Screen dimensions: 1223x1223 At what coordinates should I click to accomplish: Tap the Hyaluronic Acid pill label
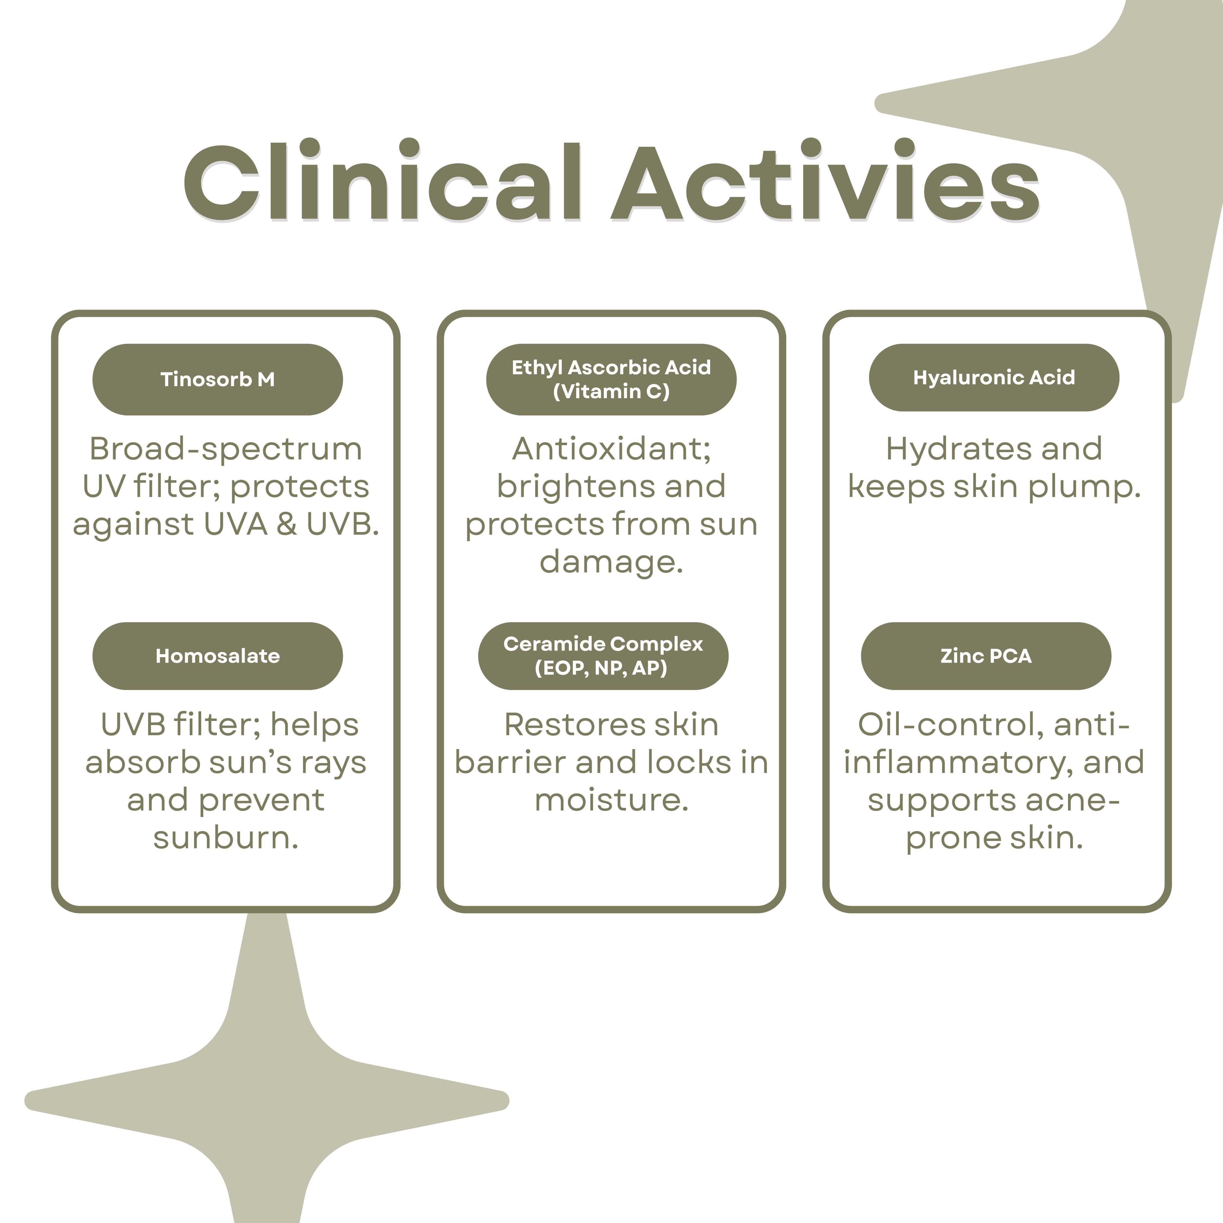pyautogui.click(x=994, y=377)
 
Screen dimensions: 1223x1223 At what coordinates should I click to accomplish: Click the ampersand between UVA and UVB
pyautogui.click(x=287, y=525)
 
